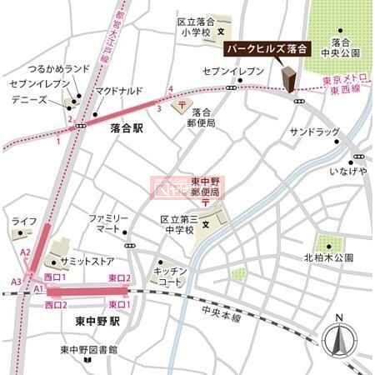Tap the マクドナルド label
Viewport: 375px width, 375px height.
pyautogui.click(x=119, y=90)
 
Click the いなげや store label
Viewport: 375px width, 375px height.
pyautogui.click(x=348, y=171)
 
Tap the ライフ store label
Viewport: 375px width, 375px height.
pyautogui.click(x=24, y=220)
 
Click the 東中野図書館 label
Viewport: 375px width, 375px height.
pyautogui.click(x=89, y=349)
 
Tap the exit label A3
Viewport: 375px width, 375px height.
pyautogui.click(x=16, y=282)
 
